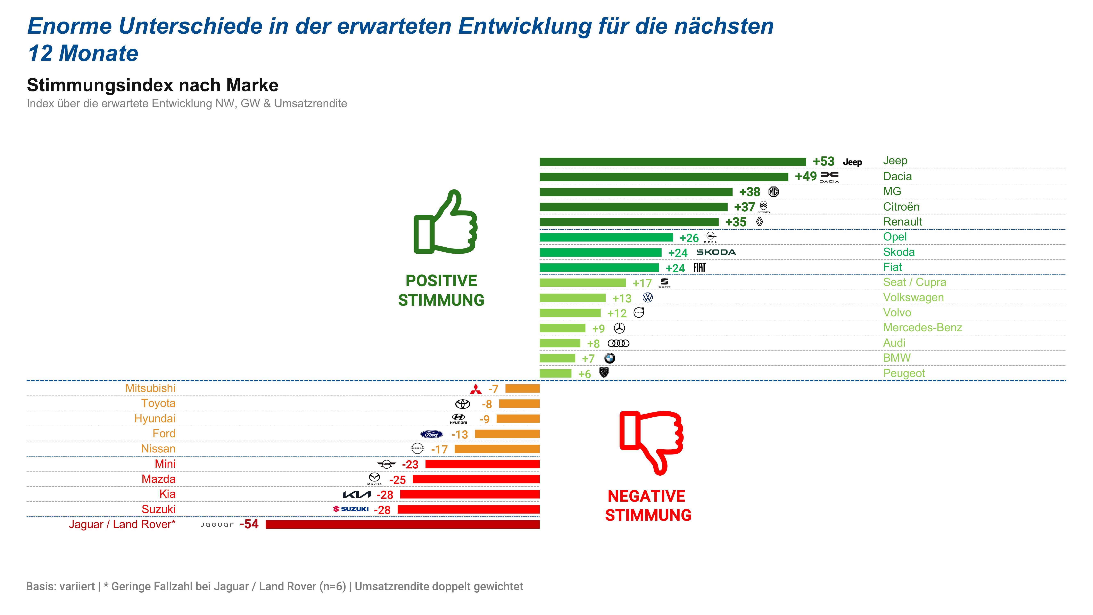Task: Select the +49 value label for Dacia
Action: (805, 176)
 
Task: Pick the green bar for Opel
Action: (606, 237)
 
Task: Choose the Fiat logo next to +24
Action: (699, 267)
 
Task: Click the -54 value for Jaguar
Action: (249, 524)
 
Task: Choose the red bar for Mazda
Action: (476, 479)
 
